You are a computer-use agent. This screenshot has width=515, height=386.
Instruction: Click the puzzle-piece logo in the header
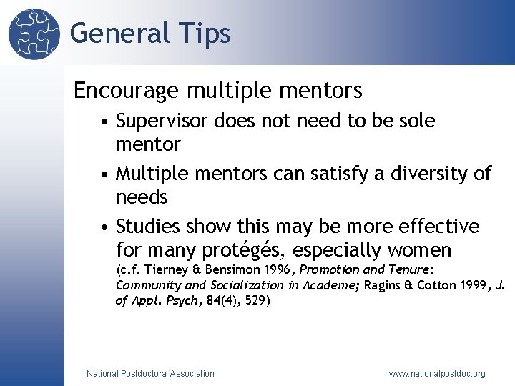point(34,33)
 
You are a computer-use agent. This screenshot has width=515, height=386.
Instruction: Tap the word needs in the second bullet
point(142,197)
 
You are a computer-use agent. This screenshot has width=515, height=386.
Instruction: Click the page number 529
point(255,301)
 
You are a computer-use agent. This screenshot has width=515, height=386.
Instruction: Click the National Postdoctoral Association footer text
point(150,373)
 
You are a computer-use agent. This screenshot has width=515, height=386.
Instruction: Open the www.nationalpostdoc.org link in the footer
point(437,373)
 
